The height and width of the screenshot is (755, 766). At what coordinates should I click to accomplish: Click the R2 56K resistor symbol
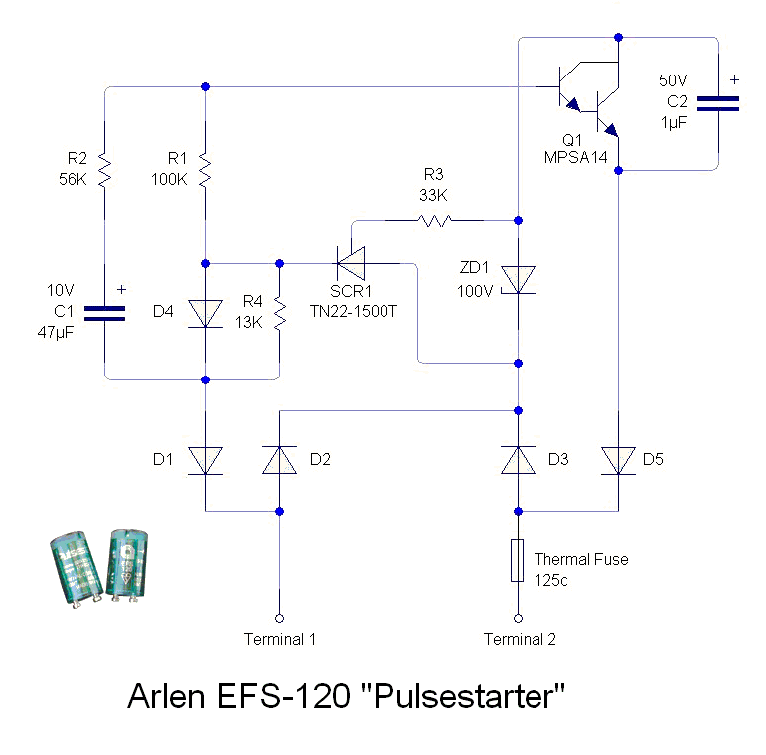pyautogui.click(x=105, y=168)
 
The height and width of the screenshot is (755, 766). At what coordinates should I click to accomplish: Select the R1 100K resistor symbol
pyautogui.click(x=205, y=168)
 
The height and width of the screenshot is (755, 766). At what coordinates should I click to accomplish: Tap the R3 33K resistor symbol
pyautogui.click(x=435, y=220)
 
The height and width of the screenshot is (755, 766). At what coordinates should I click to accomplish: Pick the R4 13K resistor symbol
pyautogui.click(x=279, y=314)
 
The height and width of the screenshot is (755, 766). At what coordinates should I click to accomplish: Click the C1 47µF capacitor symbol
pyautogui.click(x=105, y=313)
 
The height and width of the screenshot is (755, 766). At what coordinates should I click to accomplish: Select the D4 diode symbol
pyautogui.click(x=205, y=314)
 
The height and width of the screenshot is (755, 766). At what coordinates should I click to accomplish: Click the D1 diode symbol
pyautogui.click(x=205, y=459)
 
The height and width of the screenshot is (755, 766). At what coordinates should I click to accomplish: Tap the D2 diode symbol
pyautogui.click(x=279, y=459)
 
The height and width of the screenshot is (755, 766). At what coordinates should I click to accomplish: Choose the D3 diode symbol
pyautogui.click(x=518, y=459)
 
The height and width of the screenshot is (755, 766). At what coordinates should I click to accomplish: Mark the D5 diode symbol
pyautogui.click(x=618, y=459)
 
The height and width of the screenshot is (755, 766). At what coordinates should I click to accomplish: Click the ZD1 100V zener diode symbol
pyautogui.click(x=518, y=280)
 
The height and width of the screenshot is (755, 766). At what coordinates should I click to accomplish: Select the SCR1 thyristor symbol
pyautogui.click(x=350, y=263)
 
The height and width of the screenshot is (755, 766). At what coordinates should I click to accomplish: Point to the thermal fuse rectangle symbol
pyautogui.click(x=518, y=560)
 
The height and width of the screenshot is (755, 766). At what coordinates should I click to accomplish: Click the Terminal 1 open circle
pyautogui.click(x=279, y=615)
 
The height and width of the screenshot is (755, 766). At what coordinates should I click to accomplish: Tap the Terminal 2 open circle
pyautogui.click(x=518, y=615)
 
